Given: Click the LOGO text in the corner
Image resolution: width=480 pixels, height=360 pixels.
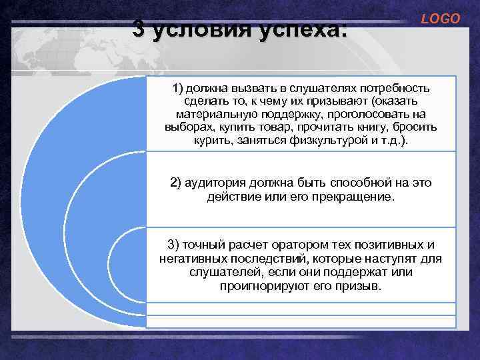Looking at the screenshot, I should point(440,19).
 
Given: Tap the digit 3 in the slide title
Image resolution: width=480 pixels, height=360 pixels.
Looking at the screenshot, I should point(139,29).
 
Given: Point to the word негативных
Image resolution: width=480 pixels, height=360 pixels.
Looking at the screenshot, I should point(189,257).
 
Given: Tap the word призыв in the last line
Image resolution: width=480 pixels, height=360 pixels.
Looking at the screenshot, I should point(361,285).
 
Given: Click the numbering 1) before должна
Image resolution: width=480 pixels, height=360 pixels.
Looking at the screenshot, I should point(178,89).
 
